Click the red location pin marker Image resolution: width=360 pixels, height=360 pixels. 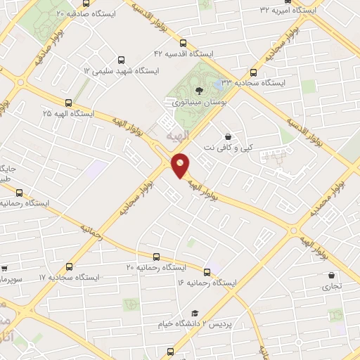coord(181,166)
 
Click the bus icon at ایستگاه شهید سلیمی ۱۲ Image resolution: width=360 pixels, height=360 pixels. coord(122,60)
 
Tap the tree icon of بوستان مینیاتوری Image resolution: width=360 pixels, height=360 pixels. coord(199,90)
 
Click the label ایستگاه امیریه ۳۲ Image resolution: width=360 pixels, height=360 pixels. coord(288,10)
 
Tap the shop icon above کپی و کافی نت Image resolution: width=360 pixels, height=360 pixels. coord(227,137)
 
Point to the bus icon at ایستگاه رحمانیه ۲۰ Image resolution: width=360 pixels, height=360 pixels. coord(155,256)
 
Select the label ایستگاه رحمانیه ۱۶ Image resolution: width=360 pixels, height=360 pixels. coord(209,282)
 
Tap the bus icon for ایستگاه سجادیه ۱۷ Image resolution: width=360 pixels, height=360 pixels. coord(68,266)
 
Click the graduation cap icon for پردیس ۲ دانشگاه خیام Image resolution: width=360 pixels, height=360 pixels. coord(195,314)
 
